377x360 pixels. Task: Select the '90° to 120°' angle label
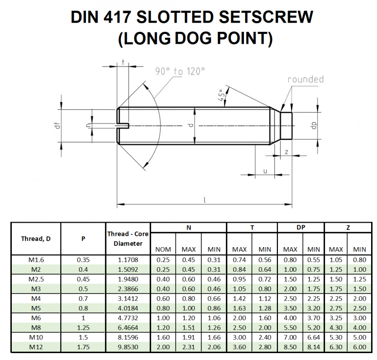180,72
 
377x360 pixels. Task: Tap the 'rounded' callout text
305,79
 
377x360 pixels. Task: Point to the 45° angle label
222,95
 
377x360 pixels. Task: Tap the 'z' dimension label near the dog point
286,153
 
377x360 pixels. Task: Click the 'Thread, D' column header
36,239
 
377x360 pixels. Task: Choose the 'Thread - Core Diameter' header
128,239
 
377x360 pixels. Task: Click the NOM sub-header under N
163,249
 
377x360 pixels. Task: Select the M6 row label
36,317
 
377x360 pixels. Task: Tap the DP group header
301,228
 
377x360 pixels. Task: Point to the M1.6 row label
36,259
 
